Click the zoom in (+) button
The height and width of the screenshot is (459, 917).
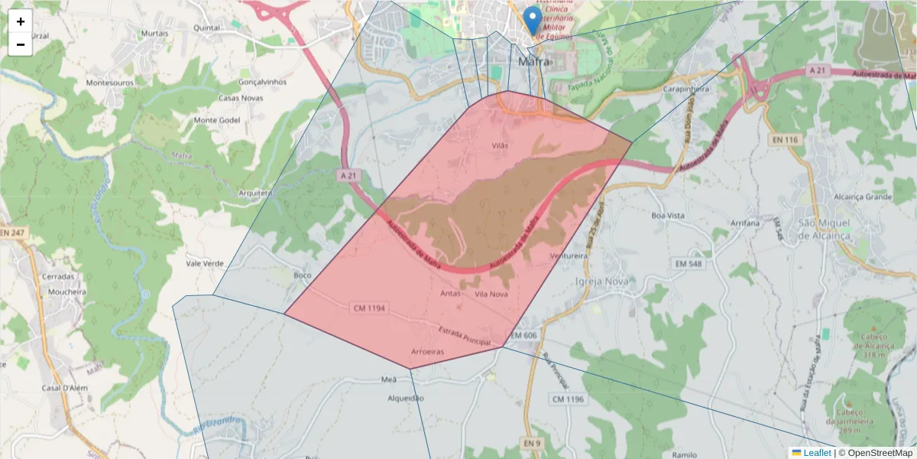(x=21, y=21)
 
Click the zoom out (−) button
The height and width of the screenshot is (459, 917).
(x=21, y=44)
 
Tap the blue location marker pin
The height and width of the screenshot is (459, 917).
(x=533, y=20)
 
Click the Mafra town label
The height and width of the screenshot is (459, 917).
(x=533, y=62)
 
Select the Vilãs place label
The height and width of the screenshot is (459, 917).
(x=499, y=145)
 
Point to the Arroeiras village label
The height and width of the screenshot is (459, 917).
(x=428, y=352)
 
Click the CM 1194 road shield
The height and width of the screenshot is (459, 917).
(x=370, y=308)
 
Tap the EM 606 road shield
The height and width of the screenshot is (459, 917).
(x=524, y=335)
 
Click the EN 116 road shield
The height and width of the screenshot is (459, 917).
(x=785, y=139)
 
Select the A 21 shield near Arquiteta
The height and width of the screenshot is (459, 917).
(x=348, y=175)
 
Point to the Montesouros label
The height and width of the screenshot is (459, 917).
(x=109, y=83)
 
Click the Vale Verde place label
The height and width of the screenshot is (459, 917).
(x=205, y=263)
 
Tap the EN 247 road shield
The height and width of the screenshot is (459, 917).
(x=13, y=232)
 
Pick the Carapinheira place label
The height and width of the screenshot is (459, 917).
(x=686, y=89)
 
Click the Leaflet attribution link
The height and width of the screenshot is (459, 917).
(x=817, y=453)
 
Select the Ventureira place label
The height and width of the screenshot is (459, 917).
(x=568, y=256)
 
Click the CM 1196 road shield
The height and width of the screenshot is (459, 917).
(x=568, y=399)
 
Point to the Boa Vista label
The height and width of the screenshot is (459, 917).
(x=667, y=216)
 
